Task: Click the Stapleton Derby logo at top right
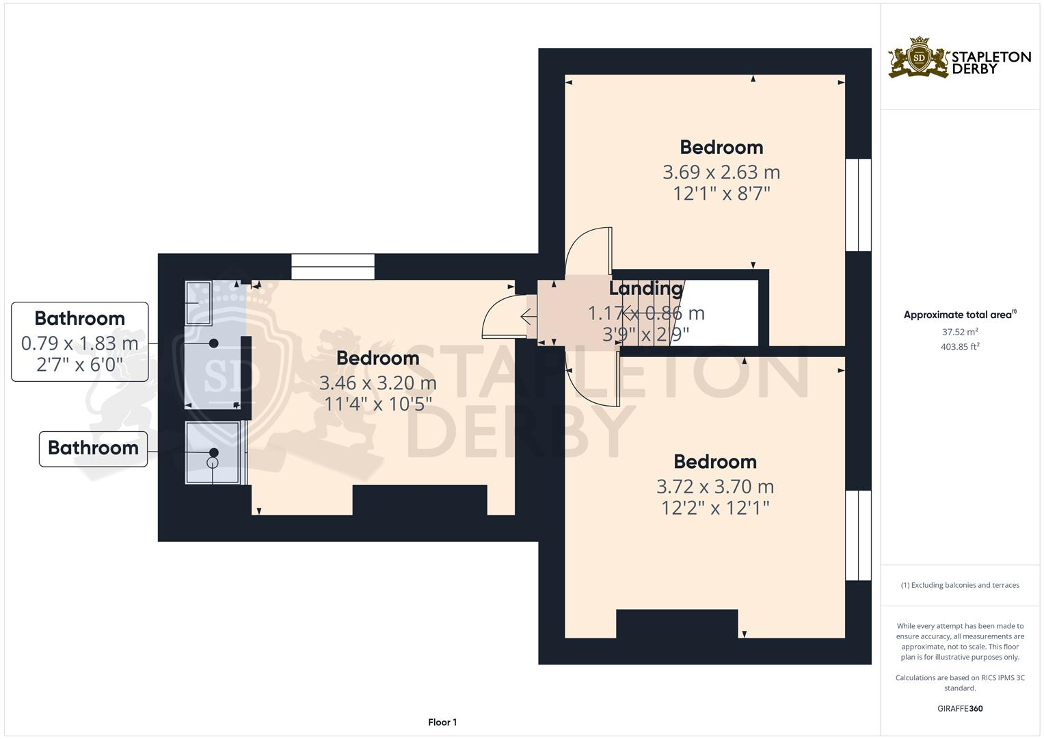[x=959, y=58]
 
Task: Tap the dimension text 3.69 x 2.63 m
[x=721, y=172]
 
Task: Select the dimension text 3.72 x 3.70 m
[x=715, y=487]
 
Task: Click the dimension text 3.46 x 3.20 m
[x=377, y=383]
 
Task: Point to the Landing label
[x=646, y=289]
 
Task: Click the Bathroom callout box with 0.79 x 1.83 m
[x=80, y=341]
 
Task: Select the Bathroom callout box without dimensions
[x=93, y=448]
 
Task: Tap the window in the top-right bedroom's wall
[x=859, y=205]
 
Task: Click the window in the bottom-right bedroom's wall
[x=859, y=535]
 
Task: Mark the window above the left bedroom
[x=333, y=266]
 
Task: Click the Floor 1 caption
[x=442, y=722]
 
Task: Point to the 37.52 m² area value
[x=960, y=332]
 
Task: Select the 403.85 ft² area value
[x=960, y=347]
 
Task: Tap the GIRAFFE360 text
[x=960, y=708]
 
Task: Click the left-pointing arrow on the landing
[x=528, y=317]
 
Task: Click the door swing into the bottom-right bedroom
[x=593, y=380]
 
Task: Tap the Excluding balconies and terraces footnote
[x=960, y=585]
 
